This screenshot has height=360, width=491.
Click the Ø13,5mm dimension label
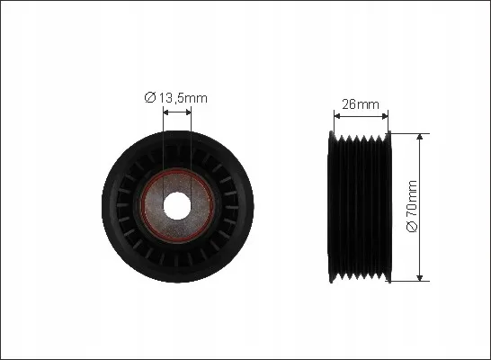coord(175,98)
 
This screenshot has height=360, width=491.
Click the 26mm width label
coord(361,104)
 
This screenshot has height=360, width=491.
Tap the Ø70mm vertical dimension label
coord(412,206)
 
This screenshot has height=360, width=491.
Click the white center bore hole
coord(177,206)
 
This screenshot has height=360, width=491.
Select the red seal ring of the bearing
coord(141,206)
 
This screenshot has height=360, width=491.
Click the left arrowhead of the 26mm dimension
coord(337,116)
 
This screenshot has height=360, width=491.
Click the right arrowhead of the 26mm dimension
coord(385,116)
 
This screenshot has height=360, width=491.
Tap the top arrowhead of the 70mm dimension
coord(420,136)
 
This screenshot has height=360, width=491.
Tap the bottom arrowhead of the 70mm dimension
coord(420,278)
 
